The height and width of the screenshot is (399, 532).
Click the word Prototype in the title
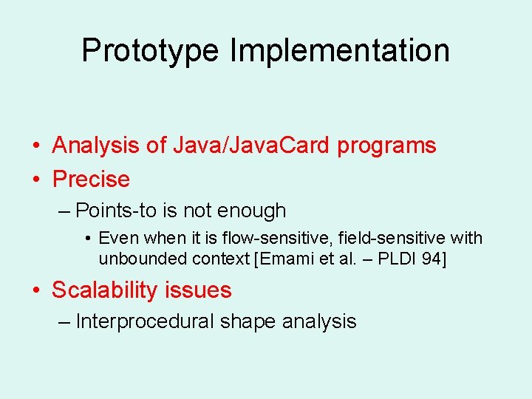[151, 51]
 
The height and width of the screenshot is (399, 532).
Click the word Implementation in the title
[340, 51]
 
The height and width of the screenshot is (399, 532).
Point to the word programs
[386, 146]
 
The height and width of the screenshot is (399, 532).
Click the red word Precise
[91, 179]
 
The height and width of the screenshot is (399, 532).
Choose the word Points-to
[116, 211]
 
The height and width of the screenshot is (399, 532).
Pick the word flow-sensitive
[260, 238]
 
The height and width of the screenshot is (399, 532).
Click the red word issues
[202, 290]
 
